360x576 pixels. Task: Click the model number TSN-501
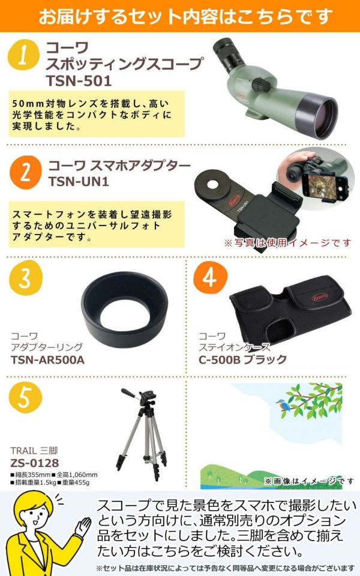tap(79, 81)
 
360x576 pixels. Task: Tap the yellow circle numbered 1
tap(23, 55)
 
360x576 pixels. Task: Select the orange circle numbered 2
tap(25, 173)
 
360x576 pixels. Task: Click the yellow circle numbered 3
tap(26, 278)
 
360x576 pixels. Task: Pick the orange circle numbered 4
tap(210, 278)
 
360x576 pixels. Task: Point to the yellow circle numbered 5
tap(25, 398)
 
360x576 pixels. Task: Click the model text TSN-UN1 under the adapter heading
tap(79, 181)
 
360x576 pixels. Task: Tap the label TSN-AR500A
tap(47, 359)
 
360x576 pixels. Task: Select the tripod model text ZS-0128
tap(35, 463)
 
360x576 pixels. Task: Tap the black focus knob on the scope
tap(261, 84)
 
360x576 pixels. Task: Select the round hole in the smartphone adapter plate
tap(215, 184)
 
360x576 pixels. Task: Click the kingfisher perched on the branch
tap(282, 404)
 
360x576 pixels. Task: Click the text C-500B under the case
tap(219, 359)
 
